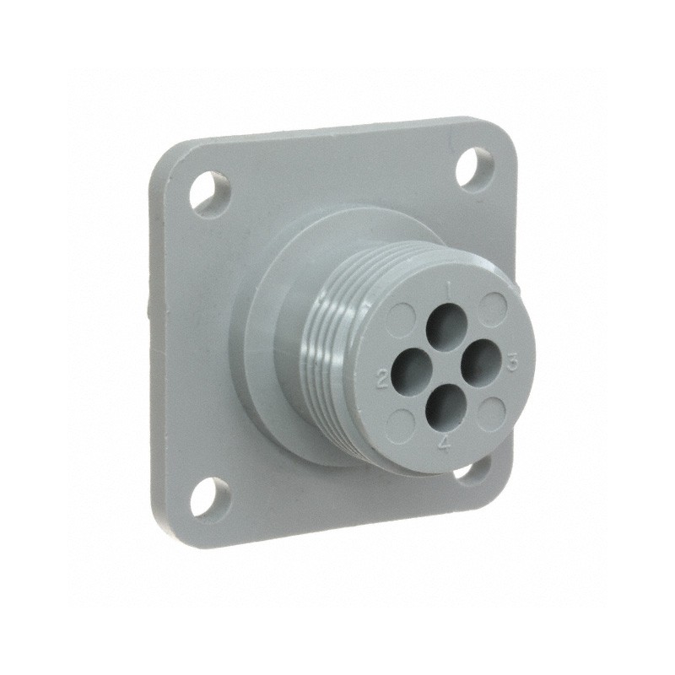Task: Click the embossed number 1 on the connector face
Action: [x=449, y=293]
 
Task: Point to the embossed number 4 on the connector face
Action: [x=445, y=441]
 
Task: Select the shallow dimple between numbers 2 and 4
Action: [x=403, y=418]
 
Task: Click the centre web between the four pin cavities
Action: [x=445, y=364]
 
